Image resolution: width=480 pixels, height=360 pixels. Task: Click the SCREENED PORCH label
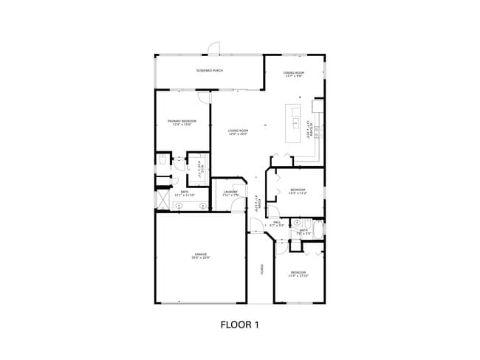coord(210,71)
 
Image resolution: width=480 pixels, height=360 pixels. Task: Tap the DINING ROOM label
coord(293,75)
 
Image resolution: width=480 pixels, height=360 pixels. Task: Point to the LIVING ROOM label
coord(237,133)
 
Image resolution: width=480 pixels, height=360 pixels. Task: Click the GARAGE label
coord(201,256)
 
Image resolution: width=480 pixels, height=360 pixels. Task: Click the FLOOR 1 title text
coord(240,324)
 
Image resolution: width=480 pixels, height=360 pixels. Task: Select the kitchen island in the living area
coord(294,121)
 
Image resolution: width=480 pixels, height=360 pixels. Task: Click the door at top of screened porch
coord(213,49)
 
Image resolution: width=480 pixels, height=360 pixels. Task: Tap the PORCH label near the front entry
coord(261,270)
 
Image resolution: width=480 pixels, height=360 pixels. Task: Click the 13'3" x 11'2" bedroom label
coord(298,192)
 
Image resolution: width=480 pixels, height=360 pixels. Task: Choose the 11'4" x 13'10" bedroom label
coord(298,274)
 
